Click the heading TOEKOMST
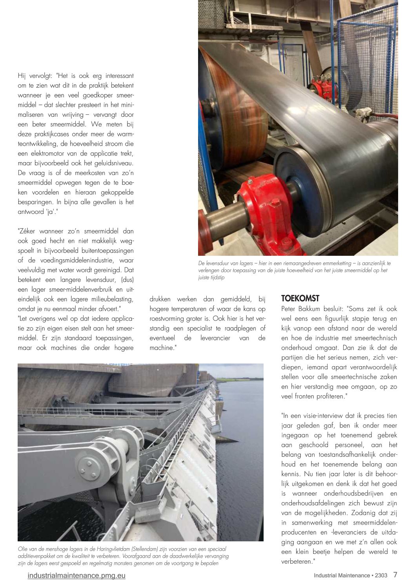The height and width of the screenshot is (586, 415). [300, 299]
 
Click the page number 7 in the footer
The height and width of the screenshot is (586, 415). [395, 575]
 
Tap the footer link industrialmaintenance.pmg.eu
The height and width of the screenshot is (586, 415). [76, 576]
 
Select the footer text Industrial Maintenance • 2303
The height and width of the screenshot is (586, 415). [350, 575]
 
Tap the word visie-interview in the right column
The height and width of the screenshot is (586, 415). [320, 416]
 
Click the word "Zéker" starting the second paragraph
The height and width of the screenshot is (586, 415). [27, 231]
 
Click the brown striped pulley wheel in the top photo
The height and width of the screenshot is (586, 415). [235, 114]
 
